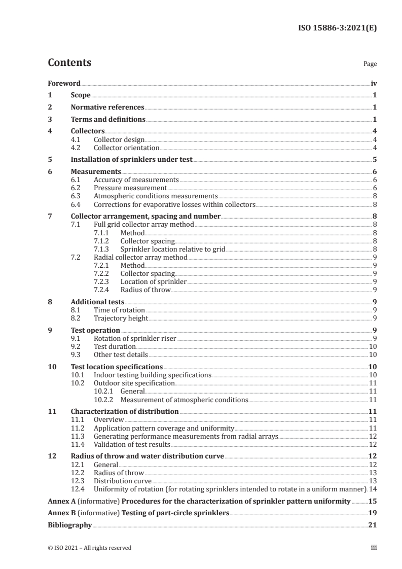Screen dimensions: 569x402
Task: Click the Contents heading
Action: tap(69, 63)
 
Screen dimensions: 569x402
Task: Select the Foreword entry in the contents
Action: tap(64, 83)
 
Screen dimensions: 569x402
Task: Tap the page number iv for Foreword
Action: tap(374, 83)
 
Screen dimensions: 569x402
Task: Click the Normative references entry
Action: tap(107, 108)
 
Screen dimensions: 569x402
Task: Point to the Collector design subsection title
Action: tap(119, 140)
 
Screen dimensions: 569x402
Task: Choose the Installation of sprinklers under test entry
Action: tap(132, 159)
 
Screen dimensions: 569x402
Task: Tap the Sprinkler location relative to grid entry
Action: tap(172, 250)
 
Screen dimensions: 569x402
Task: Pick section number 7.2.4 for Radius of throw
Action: tap(103, 290)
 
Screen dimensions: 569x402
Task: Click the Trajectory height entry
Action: tap(121, 318)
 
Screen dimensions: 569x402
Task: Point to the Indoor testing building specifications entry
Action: tap(153, 375)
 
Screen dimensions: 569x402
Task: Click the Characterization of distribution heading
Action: tap(125, 411)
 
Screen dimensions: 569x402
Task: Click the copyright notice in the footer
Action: tap(89, 548)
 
